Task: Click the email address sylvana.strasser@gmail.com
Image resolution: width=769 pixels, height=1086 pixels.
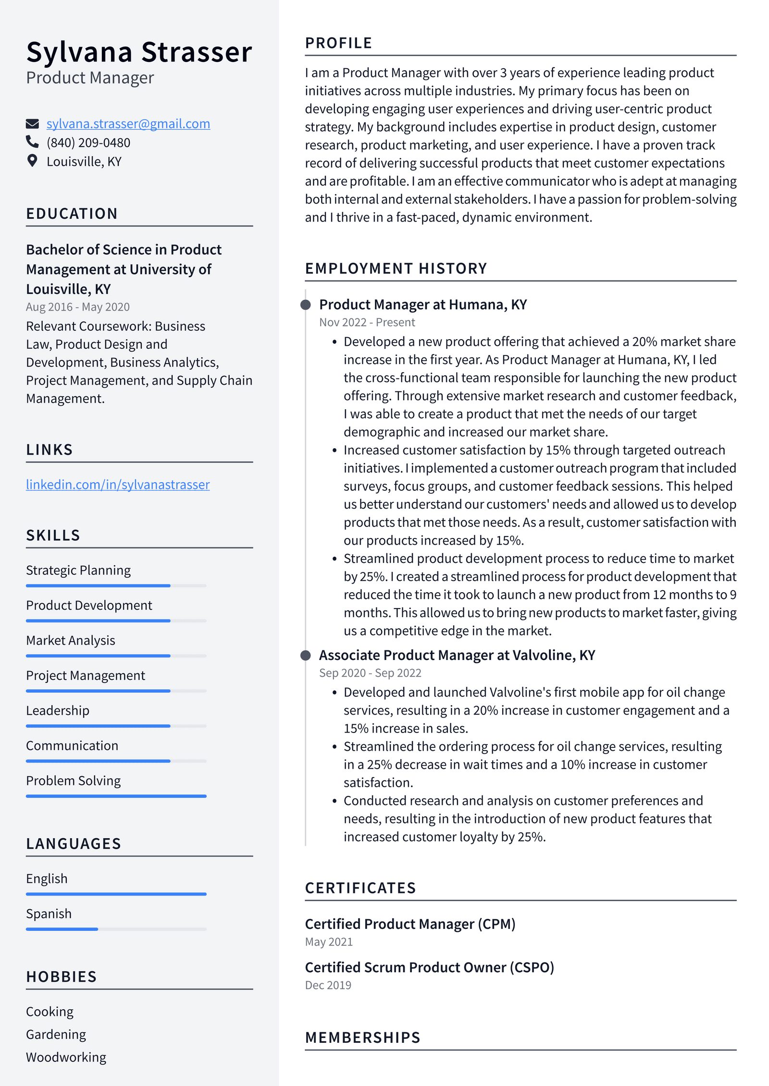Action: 128,124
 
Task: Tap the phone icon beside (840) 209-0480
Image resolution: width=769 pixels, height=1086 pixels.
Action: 32,142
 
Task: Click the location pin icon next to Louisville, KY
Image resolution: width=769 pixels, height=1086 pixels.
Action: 32,161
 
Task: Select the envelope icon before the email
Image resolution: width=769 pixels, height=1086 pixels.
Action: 32,124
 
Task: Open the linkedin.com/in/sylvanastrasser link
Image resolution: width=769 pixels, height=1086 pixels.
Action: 118,485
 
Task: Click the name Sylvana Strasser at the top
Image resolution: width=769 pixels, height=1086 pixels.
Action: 139,52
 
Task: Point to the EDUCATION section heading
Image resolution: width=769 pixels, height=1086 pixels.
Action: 72,214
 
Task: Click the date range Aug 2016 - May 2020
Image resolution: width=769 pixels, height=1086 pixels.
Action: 78,307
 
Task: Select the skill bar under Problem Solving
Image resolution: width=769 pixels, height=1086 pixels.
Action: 116,796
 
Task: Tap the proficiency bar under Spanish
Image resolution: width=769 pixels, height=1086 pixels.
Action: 116,929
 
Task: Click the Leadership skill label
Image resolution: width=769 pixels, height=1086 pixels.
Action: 58,710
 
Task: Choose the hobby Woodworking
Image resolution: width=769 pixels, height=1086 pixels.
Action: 66,1057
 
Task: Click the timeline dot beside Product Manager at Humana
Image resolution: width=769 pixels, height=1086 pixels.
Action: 305,305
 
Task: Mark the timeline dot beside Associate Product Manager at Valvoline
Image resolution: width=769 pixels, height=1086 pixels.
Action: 305,656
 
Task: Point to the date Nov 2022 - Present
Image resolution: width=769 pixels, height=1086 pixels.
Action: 367,322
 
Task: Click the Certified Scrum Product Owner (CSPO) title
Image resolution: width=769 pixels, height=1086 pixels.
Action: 429,967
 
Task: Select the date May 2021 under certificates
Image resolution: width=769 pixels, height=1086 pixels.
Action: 329,942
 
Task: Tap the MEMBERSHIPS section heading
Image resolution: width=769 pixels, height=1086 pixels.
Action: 362,1037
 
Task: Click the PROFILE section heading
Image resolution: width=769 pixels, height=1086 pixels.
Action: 338,43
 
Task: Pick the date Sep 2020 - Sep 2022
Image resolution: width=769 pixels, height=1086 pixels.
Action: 370,673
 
